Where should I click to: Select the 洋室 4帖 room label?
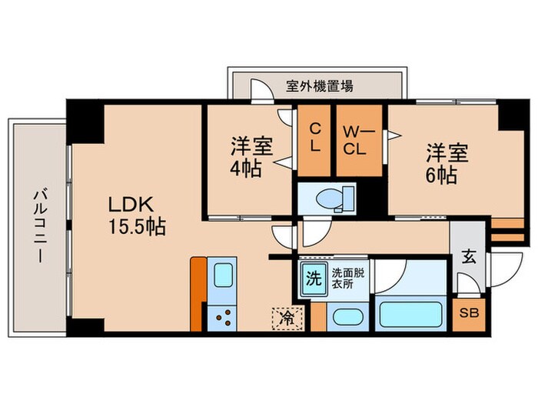tap(247, 156)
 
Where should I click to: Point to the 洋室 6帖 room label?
tap(443, 163)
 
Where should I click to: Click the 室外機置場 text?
tap(320, 86)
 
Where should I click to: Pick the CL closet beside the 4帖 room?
tap(314, 139)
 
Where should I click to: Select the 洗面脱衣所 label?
tap(347, 276)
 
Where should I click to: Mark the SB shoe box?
tap(468, 313)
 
